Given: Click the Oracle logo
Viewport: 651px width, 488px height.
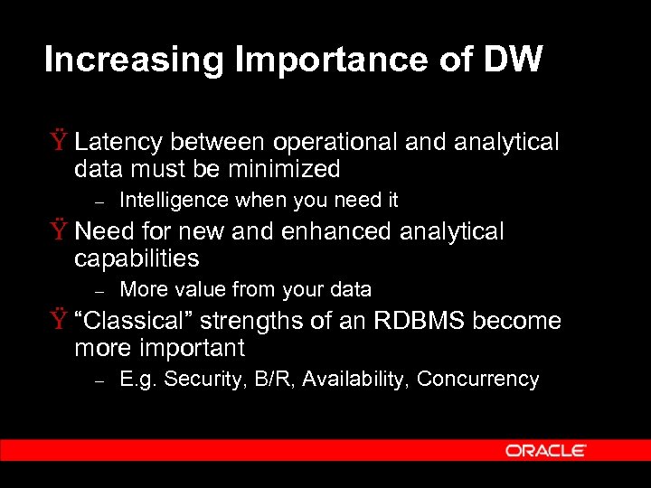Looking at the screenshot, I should click(546, 450).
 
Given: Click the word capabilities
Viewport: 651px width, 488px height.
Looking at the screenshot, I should click(137, 259).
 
